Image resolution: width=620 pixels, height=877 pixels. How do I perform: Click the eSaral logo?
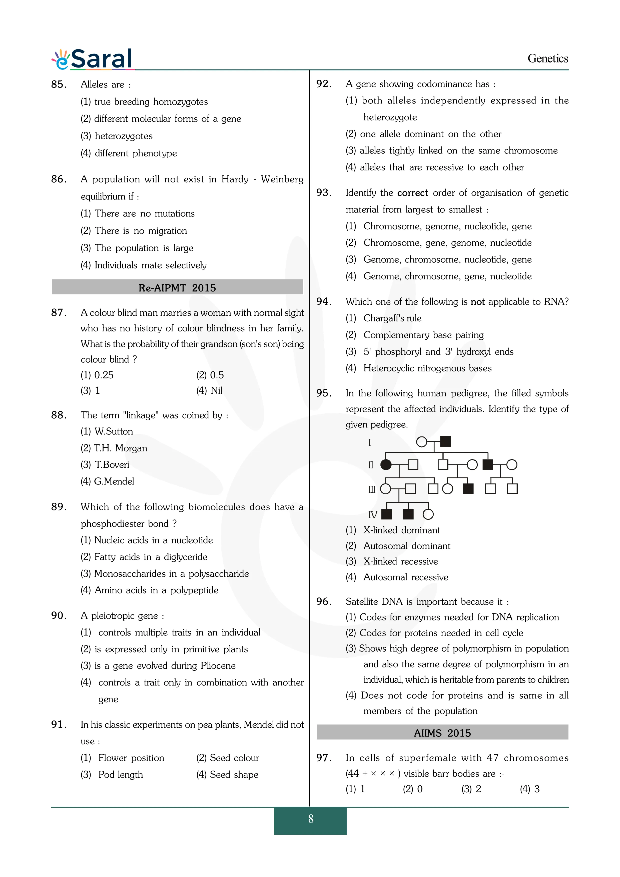point(93,59)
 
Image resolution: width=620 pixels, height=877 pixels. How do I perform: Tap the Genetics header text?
point(547,58)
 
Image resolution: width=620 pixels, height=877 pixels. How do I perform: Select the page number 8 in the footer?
point(311,818)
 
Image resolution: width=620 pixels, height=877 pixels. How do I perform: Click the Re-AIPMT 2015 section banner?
point(177,287)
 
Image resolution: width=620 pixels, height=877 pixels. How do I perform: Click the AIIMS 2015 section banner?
point(442,732)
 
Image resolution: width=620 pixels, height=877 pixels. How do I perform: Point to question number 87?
point(59,312)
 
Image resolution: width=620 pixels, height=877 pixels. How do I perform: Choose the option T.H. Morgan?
point(120,448)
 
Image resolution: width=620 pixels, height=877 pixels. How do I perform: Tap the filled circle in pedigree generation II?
point(386,465)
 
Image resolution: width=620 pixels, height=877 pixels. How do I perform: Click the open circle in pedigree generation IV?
point(428,514)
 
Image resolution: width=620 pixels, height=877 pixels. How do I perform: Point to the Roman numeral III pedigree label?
point(372,489)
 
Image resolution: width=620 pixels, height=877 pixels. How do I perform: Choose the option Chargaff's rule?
point(392,318)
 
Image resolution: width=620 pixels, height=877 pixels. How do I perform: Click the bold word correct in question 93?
point(413,193)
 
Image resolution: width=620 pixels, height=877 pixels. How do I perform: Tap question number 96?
point(324,601)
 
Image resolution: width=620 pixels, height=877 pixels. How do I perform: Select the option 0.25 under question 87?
point(104,375)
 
